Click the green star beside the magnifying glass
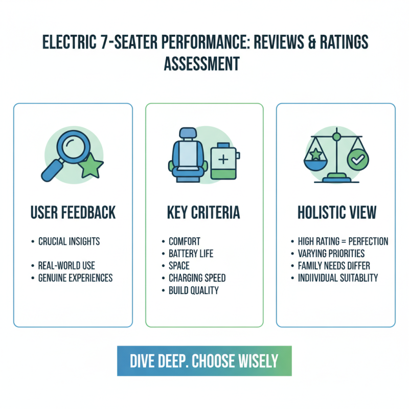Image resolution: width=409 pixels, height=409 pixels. pyautogui.click(x=92, y=166)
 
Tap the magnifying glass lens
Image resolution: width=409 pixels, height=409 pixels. pyautogui.click(x=74, y=147)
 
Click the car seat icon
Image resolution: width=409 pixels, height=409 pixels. pyautogui.click(x=188, y=155)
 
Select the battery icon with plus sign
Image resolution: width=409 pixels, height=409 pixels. pyautogui.click(x=225, y=161)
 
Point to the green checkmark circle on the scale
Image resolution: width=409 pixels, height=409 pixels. pyautogui.click(x=358, y=160)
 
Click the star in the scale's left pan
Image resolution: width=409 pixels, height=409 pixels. pyautogui.click(x=316, y=154)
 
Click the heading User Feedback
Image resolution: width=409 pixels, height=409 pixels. pyautogui.click(x=73, y=212)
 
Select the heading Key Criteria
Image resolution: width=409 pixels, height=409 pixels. pyautogui.click(x=203, y=212)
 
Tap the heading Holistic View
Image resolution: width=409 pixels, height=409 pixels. pyautogui.click(x=337, y=212)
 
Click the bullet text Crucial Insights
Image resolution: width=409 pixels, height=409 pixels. pyautogui.click(x=69, y=241)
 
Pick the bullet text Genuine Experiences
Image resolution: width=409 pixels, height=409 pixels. pyautogui.click(x=75, y=278)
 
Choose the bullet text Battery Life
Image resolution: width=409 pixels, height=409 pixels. pyautogui.click(x=191, y=254)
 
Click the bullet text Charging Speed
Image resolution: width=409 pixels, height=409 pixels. pyautogui.click(x=197, y=278)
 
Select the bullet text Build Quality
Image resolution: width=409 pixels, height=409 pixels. pyautogui.click(x=194, y=290)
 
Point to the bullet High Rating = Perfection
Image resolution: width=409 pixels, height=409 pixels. pyautogui.click(x=343, y=241)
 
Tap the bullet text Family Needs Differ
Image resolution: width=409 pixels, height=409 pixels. pyautogui.click(x=334, y=266)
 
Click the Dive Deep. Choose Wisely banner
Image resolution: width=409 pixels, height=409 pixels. pyautogui.click(x=204, y=361)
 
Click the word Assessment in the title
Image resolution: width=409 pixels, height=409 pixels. pyautogui.click(x=201, y=63)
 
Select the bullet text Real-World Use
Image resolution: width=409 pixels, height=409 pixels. pyautogui.click(x=66, y=265)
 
